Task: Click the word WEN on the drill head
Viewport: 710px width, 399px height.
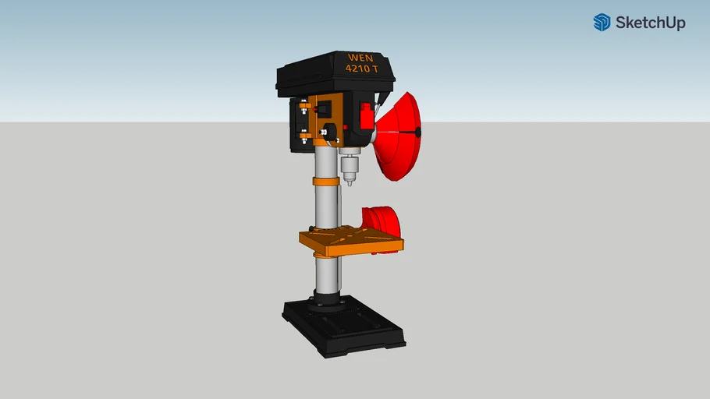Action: pyautogui.click(x=360, y=58)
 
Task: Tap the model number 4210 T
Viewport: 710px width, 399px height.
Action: pyautogui.click(x=362, y=69)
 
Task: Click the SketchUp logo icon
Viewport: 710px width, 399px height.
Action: pyautogui.click(x=602, y=22)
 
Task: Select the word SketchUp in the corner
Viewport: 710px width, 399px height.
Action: pyautogui.click(x=651, y=23)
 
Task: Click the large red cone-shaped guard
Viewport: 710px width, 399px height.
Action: pyautogui.click(x=399, y=136)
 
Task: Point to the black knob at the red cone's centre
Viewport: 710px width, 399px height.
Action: pyautogui.click(x=418, y=132)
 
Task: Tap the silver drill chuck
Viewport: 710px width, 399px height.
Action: pyautogui.click(x=349, y=167)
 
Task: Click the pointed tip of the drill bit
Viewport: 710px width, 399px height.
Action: pyautogui.click(x=350, y=185)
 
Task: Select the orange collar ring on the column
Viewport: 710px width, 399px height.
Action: pyautogui.click(x=326, y=182)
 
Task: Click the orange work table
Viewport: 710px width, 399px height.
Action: pyautogui.click(x=351, y=241)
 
